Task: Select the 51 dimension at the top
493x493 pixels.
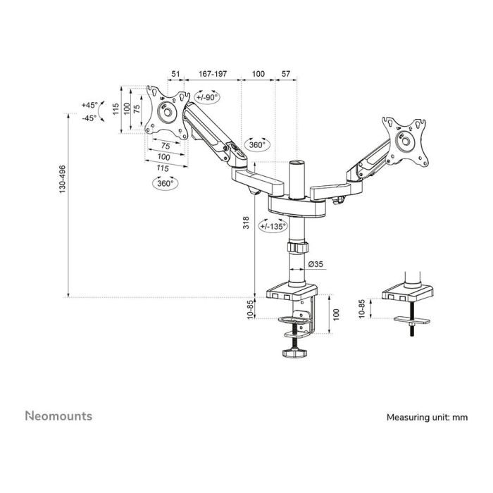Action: (176, 73)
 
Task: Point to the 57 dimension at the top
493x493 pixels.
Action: (286, 73)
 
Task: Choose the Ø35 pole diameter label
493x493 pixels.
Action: (316, 265)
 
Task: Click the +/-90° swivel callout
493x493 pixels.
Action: (207, 97)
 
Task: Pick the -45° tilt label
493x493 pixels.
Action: (89, 118)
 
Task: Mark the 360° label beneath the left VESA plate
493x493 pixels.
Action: (166, 183)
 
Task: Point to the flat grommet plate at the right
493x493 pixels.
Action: (411, 320)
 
